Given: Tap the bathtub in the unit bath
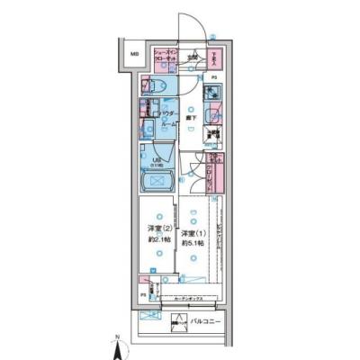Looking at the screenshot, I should point(157,184).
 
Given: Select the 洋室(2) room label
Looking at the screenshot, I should point(157,229).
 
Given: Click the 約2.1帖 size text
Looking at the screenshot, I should point(157,240).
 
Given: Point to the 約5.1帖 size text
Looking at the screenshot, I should point(191,246).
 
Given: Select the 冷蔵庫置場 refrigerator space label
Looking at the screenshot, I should point(213,138).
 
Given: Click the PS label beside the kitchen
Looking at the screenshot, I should point(214,77).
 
